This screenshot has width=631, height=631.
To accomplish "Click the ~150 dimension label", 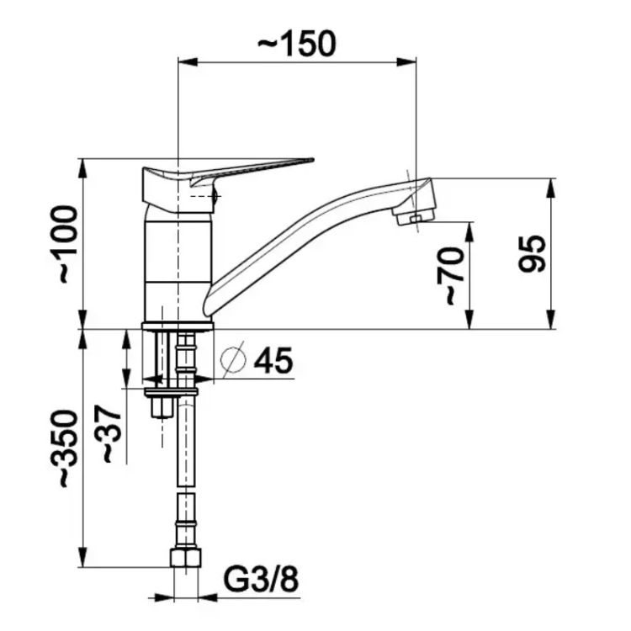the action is coord(296,43).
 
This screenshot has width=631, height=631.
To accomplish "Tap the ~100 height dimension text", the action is coord(64,245).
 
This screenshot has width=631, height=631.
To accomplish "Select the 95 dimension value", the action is coord(532,254).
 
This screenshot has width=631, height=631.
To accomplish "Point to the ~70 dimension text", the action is coord(451,276).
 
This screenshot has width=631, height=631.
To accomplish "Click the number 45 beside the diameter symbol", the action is coord(273,361).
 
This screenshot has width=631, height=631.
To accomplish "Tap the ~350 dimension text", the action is coord(64,448).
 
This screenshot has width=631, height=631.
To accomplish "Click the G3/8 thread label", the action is coord(261,580).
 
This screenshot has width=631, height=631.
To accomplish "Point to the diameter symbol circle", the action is coord(233,359).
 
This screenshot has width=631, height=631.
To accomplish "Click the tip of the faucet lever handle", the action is coord(312,160).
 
